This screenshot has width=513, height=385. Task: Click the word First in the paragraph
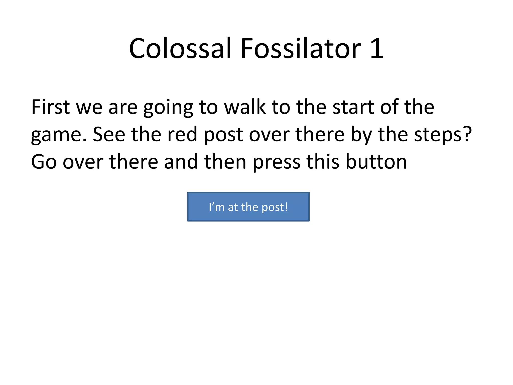(50, 107)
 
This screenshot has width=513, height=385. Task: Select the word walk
(245, 107)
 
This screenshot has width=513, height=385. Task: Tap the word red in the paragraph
(182, 135)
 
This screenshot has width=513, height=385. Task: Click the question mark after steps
(467, 135)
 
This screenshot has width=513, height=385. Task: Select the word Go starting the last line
(44, 162)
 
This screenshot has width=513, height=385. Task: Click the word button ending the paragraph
(376, 162)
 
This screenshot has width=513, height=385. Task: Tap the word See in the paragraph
(109, 135)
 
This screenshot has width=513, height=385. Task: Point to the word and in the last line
(181, 162)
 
